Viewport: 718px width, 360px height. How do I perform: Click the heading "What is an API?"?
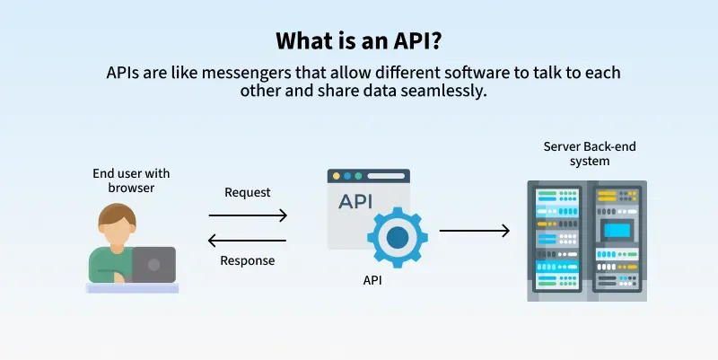(x=358, y=40)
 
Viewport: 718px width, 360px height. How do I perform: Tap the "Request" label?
(x=247, y=192)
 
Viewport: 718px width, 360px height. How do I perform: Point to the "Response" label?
(x=247, y=261)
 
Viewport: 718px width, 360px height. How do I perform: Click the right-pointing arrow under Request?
(x=248, y=215)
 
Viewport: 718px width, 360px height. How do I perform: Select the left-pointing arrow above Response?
(x=248, y=240)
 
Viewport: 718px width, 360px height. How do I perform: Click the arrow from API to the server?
(x=474, y=231)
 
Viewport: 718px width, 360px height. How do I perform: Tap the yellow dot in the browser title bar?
(x=336, y=176)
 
